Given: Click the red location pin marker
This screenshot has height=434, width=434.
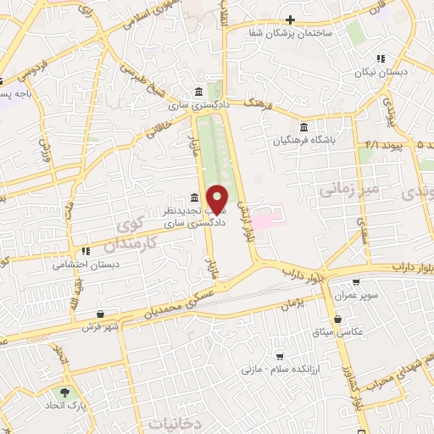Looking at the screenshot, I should pos(218,198).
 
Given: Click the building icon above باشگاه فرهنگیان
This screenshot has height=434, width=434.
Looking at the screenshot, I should pos(303,127).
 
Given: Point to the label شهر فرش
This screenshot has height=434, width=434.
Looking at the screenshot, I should pos(85,325).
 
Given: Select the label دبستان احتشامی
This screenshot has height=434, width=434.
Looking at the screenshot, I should pos(76,264).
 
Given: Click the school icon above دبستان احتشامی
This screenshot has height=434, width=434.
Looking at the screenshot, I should pos(86,252).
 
